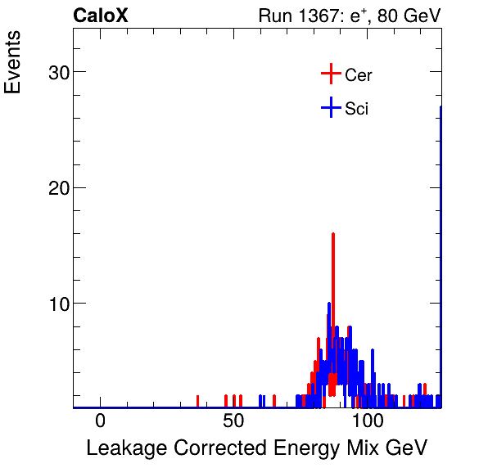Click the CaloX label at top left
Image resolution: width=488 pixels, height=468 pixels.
tap(101, 16)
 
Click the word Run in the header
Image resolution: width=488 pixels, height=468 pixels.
tap(274, 16)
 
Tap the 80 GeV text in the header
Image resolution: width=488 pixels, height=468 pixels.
tap(409, 16)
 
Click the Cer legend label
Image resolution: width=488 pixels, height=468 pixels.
tap(359, 75)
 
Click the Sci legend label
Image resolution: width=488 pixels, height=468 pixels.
tap(356, 108)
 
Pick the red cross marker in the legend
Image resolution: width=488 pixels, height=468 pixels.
tap(330, 74)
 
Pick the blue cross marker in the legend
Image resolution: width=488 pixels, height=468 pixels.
tap(330, 107)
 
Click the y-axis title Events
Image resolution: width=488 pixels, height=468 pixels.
tap(14, 64)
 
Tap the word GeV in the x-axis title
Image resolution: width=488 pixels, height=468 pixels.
tap(408, 448)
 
